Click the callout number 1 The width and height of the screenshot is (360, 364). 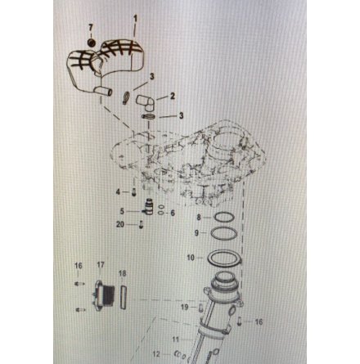tap(135, 20)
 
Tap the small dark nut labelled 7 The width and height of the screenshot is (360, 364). tap(91, 43)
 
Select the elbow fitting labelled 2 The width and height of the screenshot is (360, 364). tap(146, 103)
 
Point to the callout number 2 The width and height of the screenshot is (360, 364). tap(172, 97)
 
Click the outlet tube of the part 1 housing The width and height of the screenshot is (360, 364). tap(103, 92)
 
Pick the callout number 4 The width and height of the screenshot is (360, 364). tap(118, 192)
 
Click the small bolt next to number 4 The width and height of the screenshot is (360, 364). tap(133, 192)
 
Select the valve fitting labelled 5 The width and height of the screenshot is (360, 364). tap(148, 207)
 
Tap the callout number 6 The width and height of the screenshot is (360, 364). tap(173, 213)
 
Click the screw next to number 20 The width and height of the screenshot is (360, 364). tap(141, 225)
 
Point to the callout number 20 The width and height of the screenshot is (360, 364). tap(120, 224)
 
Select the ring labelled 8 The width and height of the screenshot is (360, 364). tap(223, 218)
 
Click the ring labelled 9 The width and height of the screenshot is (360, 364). tap(224, 234)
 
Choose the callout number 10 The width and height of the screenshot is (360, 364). tap(191, 258)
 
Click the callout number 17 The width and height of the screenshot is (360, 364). tap(101, 265)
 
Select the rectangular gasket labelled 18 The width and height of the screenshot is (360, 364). tap(123, 297)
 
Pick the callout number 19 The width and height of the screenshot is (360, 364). tap(185, 307)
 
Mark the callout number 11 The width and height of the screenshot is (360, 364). tap(176, 339)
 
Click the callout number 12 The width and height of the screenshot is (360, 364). tap(156, 354)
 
